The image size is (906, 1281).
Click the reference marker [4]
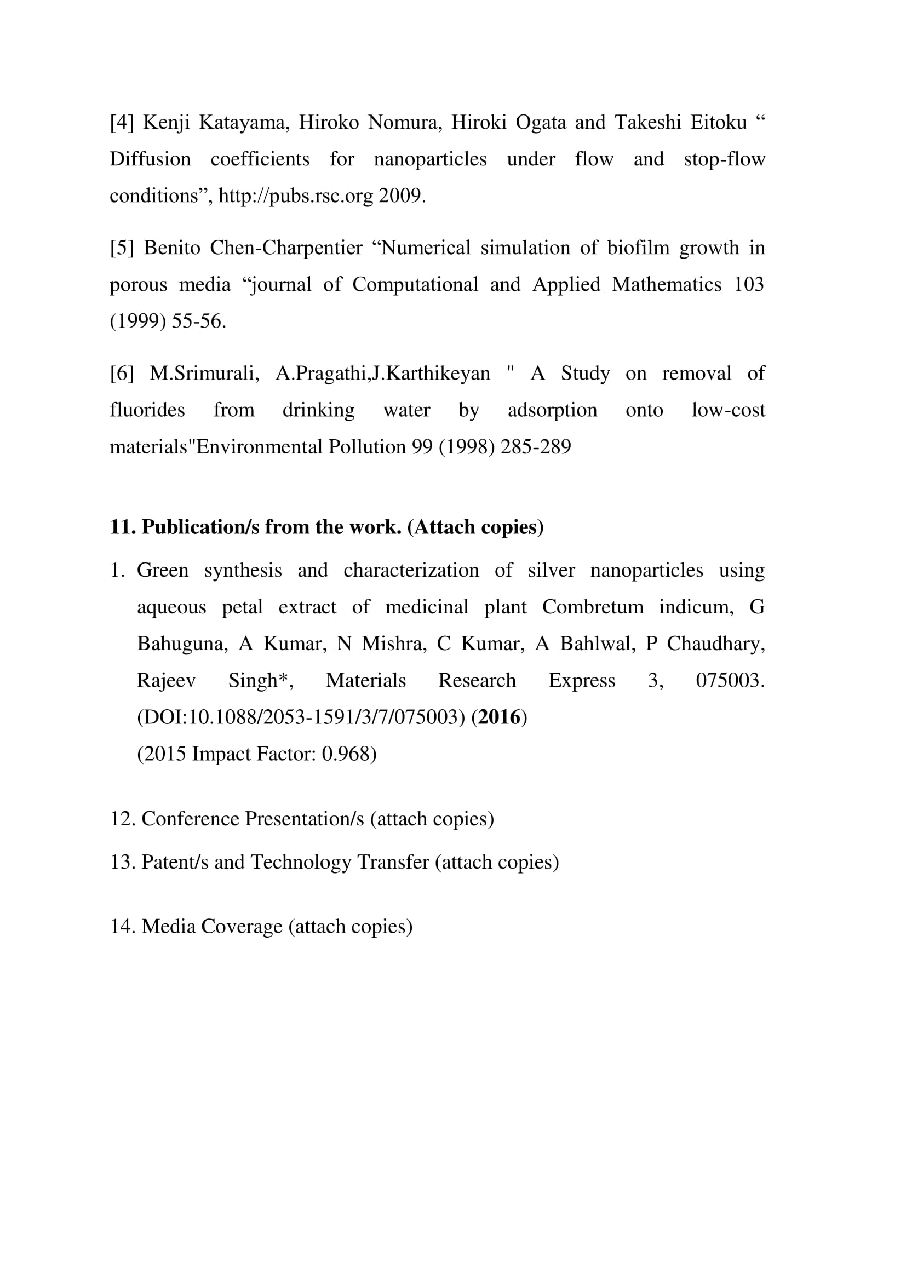tap(122, 122)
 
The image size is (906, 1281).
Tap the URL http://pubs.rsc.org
tap(296, 196)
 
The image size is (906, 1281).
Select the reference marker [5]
tap(122, 248)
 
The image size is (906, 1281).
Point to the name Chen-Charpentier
tap(285, 248)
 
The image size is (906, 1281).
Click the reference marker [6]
tap(122, 374)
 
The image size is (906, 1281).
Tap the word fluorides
tap(147, 410)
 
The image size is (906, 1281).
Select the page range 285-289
tap(536, 447)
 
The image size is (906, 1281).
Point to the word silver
tap(551, 570)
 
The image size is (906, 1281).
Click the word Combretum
tap(593, 607)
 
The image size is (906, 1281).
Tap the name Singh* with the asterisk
tap(261, 681)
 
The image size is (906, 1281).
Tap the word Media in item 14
tap(169, 926)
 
